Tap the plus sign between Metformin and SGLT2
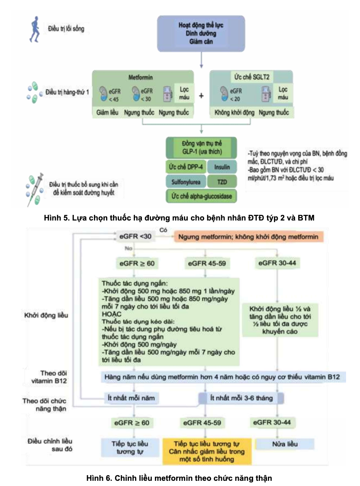201,95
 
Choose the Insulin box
222,167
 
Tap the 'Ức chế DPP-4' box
186,167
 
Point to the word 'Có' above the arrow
164,230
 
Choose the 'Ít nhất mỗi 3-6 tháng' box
241,397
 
